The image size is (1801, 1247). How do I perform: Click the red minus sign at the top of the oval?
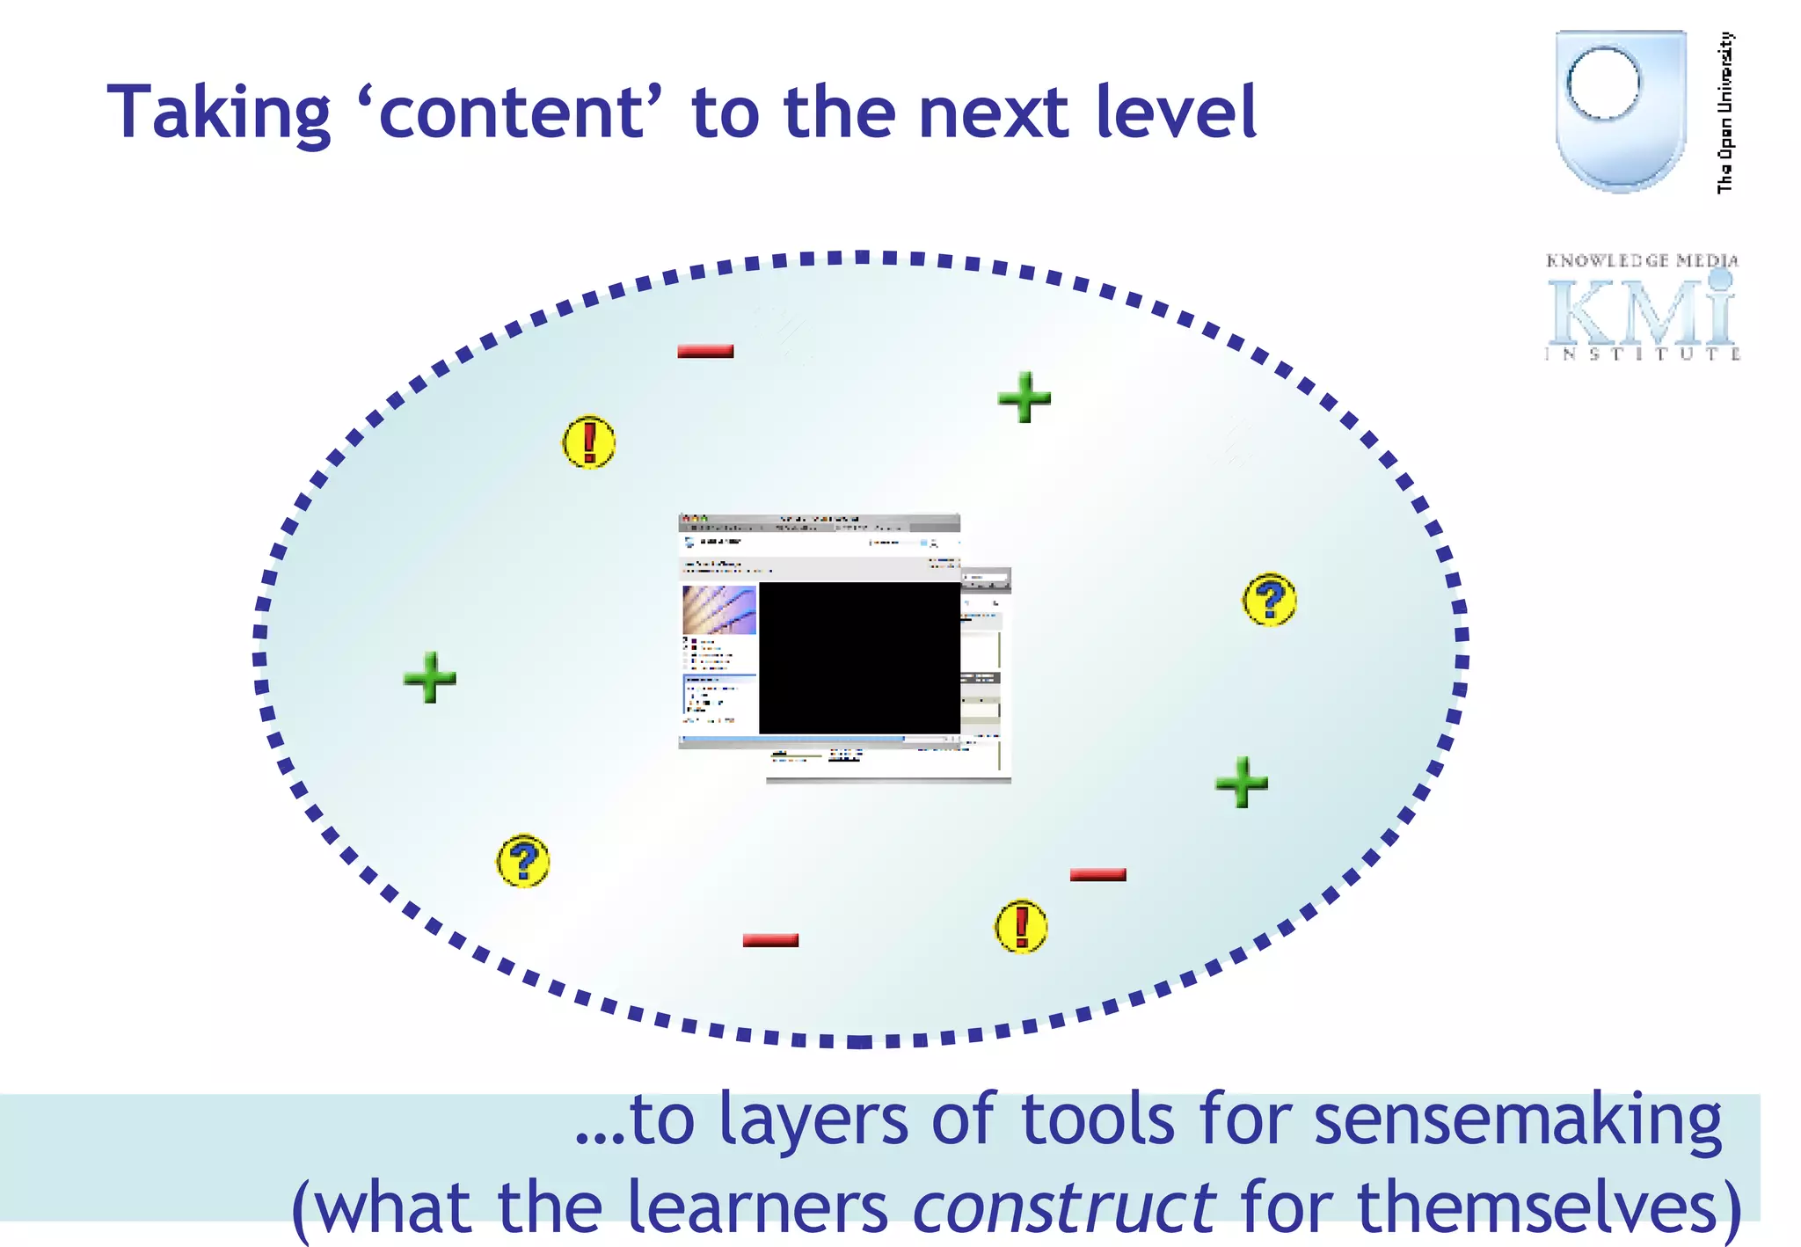click(x=705, y=351)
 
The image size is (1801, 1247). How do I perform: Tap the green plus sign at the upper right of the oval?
click(x=1024, y=397)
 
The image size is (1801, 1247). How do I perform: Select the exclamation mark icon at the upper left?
click(x=588, y=441)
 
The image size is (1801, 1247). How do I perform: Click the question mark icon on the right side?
click(x=1269, y=600)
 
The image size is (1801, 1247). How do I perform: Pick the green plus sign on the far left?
click(x=430, y=677)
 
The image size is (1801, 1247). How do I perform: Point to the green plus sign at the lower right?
click(x=1242, y=781)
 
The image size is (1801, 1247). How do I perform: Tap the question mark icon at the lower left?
click(x=523, y=860)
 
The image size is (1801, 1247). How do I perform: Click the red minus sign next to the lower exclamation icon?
click(x=1097, y=874)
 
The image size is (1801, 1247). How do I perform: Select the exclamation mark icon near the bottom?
click(x=1020, y=926)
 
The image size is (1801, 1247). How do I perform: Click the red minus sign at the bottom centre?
click(x=770, y=940)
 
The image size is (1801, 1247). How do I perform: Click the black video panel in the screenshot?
click(x=859, y=657)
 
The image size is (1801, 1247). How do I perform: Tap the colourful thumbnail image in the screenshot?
click(x=718, y=609)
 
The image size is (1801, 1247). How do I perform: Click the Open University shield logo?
click(x=1620, y=110)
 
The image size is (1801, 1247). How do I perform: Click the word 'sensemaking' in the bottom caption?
click(x=1517, y=1120)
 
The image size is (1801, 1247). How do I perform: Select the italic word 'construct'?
click(x=1064, y=1207)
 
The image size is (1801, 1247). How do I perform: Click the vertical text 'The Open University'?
click(x=1725, y=113)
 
